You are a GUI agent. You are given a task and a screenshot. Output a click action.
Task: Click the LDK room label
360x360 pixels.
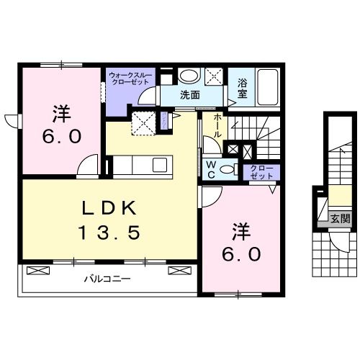pyautogui.click(x=109, y=209)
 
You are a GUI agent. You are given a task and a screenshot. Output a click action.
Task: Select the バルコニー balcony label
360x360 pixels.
pyautogui.click(x=106, y=278)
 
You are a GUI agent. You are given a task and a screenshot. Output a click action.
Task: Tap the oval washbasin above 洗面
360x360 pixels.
pyautogui.click(x=189, y=76)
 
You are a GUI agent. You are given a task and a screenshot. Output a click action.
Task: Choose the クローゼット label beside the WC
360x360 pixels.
pyautogui.click(x=261, y=172)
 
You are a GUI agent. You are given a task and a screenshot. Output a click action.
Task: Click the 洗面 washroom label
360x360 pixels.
pyautogui.click(x=190, y=95)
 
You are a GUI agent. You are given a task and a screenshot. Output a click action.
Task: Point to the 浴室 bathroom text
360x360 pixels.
pyautogui.click(x=243, y=88)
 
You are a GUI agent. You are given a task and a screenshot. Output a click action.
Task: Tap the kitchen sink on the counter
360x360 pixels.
pyautogui.click(x=160, y=166)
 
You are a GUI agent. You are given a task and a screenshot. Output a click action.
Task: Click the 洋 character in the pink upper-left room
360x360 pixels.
pyautogui.click(x=60, y=114)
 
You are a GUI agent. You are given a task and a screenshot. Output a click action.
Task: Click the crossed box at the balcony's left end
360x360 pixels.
pyautogui.click(x=38, y=271)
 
